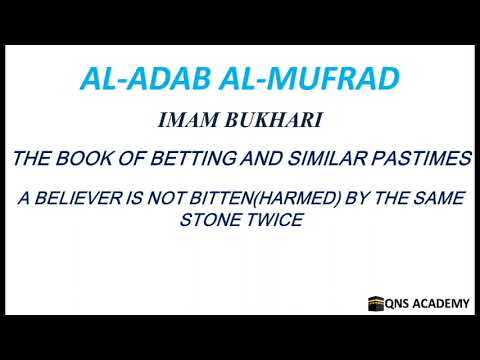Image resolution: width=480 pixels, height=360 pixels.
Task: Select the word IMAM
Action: point(184,122)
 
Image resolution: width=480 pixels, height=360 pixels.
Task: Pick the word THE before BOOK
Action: point(36,159)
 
